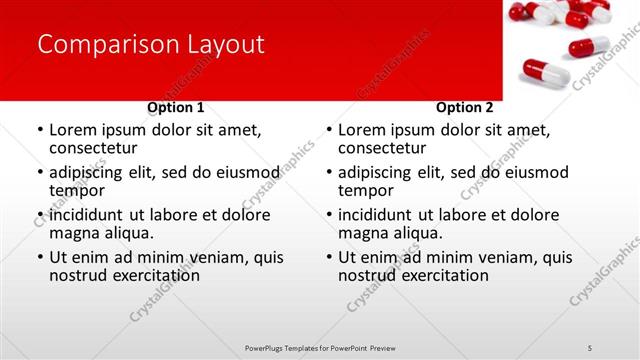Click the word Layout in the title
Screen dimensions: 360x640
pos(220,44)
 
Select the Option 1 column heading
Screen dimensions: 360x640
pos(176,107)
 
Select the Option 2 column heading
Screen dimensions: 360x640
pos(465,107)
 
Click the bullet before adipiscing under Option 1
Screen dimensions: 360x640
pos(40,173)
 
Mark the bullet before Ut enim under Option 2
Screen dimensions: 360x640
pos(329,257)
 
